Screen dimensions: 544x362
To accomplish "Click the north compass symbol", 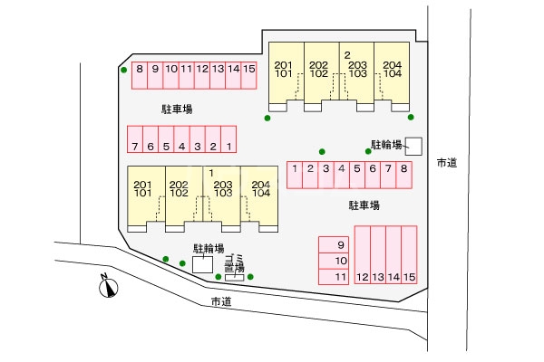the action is coord(108,287).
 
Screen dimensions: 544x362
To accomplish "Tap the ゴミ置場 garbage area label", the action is coord(235,263).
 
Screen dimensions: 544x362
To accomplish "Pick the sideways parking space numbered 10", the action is coord(334,261).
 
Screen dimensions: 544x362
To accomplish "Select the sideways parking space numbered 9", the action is coord(334,245).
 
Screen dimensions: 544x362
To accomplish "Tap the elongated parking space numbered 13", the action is coord(378,255).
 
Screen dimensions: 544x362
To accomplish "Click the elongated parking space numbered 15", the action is coord(410,255).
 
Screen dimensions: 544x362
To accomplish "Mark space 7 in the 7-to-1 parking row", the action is coord(135,139).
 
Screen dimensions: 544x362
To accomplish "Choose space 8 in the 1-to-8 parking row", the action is coord(403,175).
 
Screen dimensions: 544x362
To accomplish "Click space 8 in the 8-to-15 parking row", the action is coord(140,75).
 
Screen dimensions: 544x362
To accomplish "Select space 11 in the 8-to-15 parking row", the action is coord(187,75).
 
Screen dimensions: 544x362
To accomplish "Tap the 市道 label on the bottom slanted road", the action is coord(221,301).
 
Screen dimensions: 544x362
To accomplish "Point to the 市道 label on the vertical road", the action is coord(447,163).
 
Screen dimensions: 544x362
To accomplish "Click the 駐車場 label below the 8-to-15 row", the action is coord(177,110).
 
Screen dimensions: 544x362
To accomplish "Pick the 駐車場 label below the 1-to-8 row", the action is coord(364,205).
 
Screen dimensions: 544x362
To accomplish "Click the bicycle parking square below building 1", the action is coord(202,264).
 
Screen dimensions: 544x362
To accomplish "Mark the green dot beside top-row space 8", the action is coord(124,70).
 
